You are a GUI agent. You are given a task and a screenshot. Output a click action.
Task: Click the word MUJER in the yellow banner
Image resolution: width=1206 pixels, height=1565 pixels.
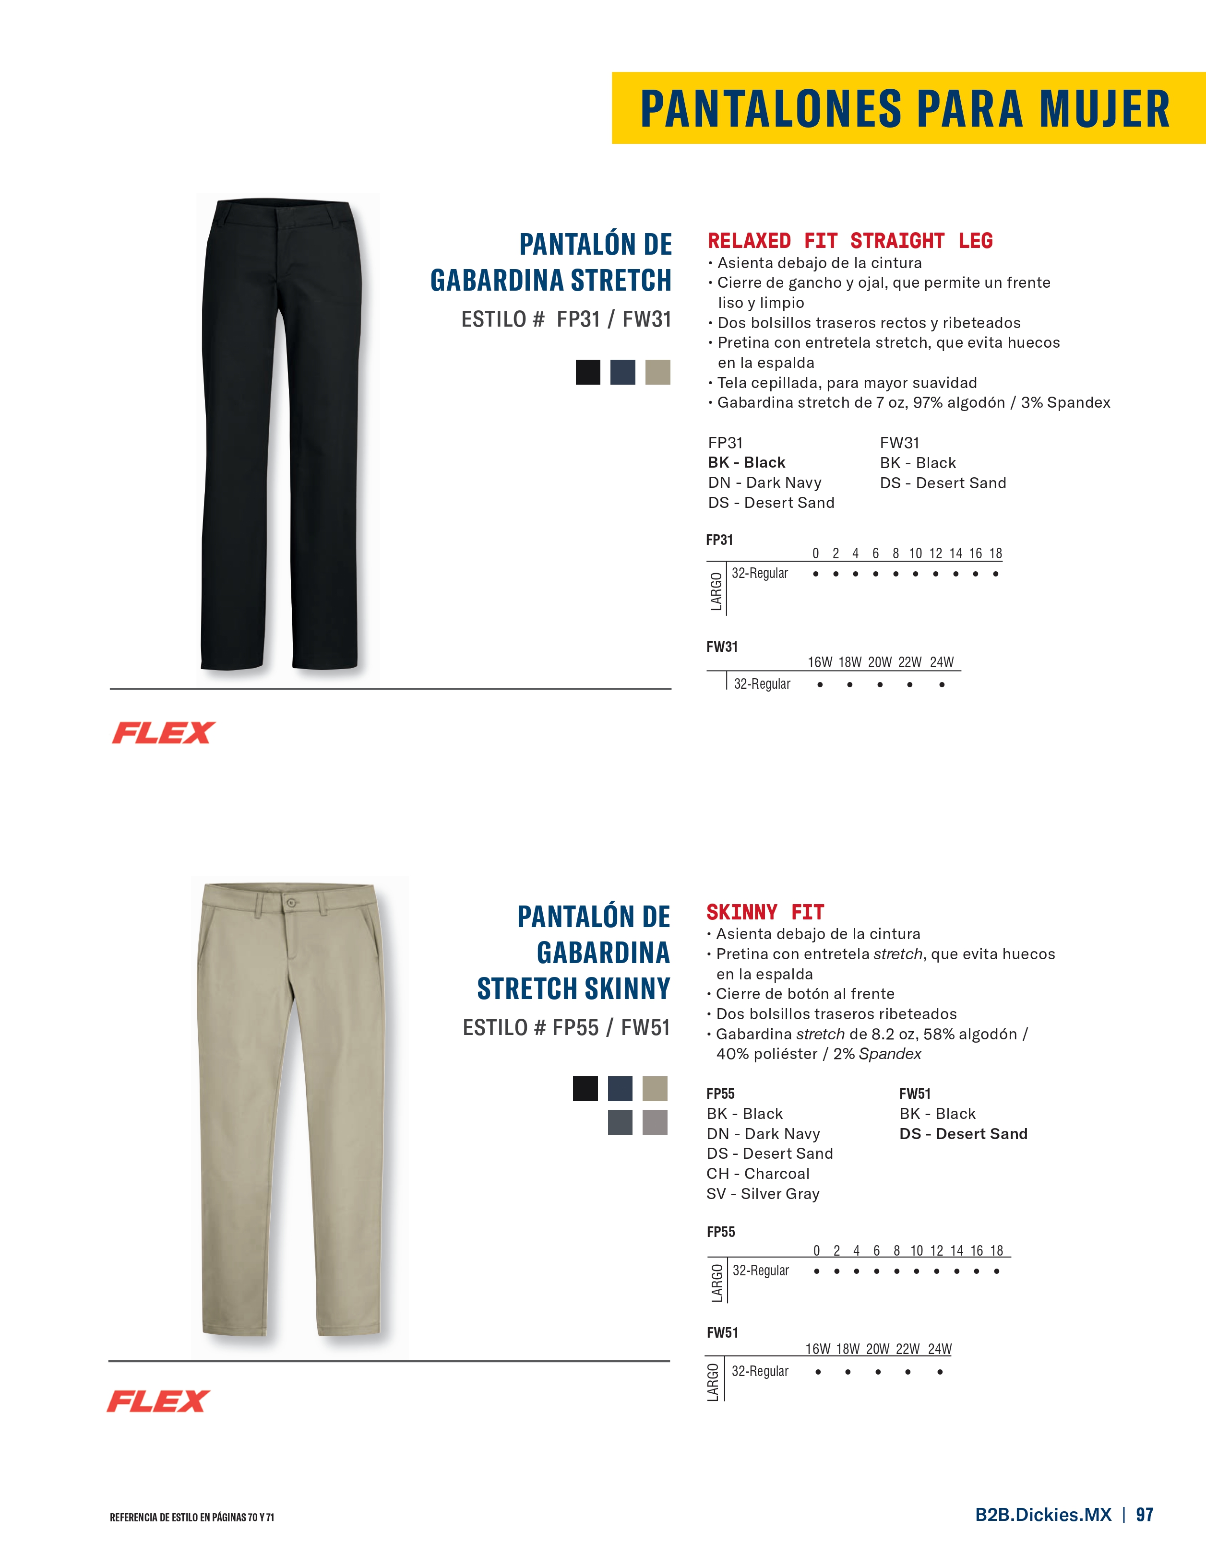pos(1104,109)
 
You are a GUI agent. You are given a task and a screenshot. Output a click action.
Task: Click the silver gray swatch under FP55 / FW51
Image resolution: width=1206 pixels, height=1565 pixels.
pos(655,1122)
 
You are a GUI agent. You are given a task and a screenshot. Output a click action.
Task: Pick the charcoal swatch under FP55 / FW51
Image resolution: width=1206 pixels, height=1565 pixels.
pos(620,1122)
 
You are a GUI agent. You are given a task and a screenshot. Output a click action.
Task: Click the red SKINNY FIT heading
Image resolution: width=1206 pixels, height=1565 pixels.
pos(765,912)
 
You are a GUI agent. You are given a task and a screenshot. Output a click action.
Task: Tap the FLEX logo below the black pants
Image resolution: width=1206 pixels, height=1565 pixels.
pos(164,732)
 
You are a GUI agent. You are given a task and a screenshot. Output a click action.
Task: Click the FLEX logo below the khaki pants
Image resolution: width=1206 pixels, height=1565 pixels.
pos(158,1401)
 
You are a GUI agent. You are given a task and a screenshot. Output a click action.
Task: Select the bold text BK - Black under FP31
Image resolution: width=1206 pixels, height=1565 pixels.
pos(746,462)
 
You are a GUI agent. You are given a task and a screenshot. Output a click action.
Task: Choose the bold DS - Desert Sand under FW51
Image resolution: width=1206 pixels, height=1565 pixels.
pos(963,1134)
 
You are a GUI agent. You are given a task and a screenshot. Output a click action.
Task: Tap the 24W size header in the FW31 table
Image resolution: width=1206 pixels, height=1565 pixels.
pos(942,662)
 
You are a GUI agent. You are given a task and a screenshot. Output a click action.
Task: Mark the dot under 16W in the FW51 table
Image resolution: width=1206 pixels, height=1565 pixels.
pos(817,1372)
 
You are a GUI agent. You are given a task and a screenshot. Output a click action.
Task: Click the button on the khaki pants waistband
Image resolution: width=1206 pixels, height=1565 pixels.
pos(290,903)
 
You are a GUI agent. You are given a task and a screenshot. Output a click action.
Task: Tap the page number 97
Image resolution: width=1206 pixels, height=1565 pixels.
pos(1145,1515)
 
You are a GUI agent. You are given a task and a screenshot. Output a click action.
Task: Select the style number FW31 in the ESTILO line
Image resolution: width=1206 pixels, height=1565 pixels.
pos(647,319)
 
